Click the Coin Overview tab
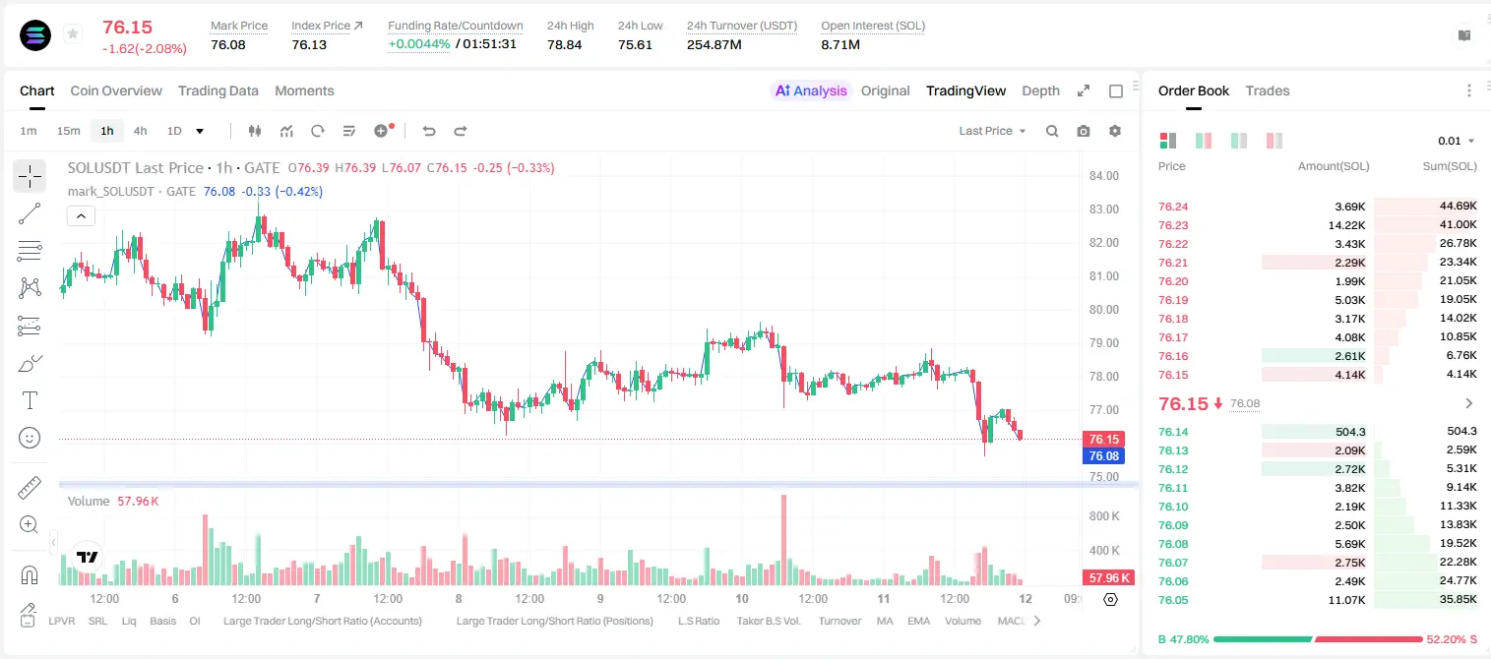tap(116, 90)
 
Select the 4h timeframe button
tap(140, 131)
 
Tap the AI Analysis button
tap(811, 90)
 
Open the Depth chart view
tap(1040, 90)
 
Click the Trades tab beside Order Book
tap(1268, 90)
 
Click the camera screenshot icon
tap(1084, 131)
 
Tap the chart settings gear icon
tap(1115, 131)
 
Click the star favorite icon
tap(73, 33)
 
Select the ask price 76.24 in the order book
tap(1173, 207)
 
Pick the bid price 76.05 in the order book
tap(1173, 600)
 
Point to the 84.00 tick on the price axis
tap(1103, 175)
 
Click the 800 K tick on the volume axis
tap(1104, 516)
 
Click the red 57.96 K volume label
tap(1107, 578)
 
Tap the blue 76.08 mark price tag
tap(1103, 456)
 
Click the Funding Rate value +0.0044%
tap(419, 44)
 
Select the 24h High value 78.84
tap(565, 44)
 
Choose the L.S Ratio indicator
tap(698, 621)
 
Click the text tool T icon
tap(30, 400)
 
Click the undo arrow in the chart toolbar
tap(429, 131)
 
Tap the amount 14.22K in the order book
tap(1346, 225)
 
